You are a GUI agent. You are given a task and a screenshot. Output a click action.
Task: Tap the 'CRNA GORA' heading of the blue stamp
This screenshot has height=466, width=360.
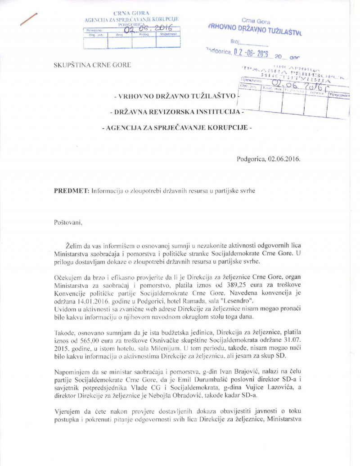[132, 14]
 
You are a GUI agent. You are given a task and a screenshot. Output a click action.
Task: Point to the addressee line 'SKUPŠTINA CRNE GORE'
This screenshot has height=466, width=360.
[92, 65]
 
